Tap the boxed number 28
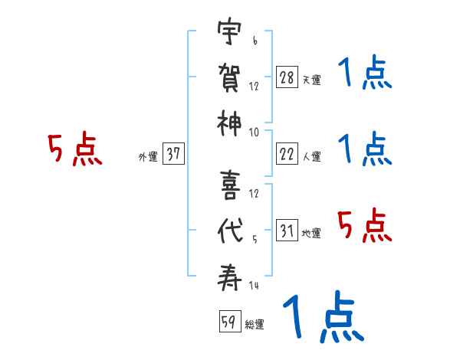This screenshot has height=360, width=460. point(287,78)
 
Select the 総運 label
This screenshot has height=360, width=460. point(254,325)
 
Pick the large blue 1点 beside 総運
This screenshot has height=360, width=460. point(322,316)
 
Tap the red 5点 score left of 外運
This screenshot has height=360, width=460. point(74,150)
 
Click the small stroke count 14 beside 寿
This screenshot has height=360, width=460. point(254,286)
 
